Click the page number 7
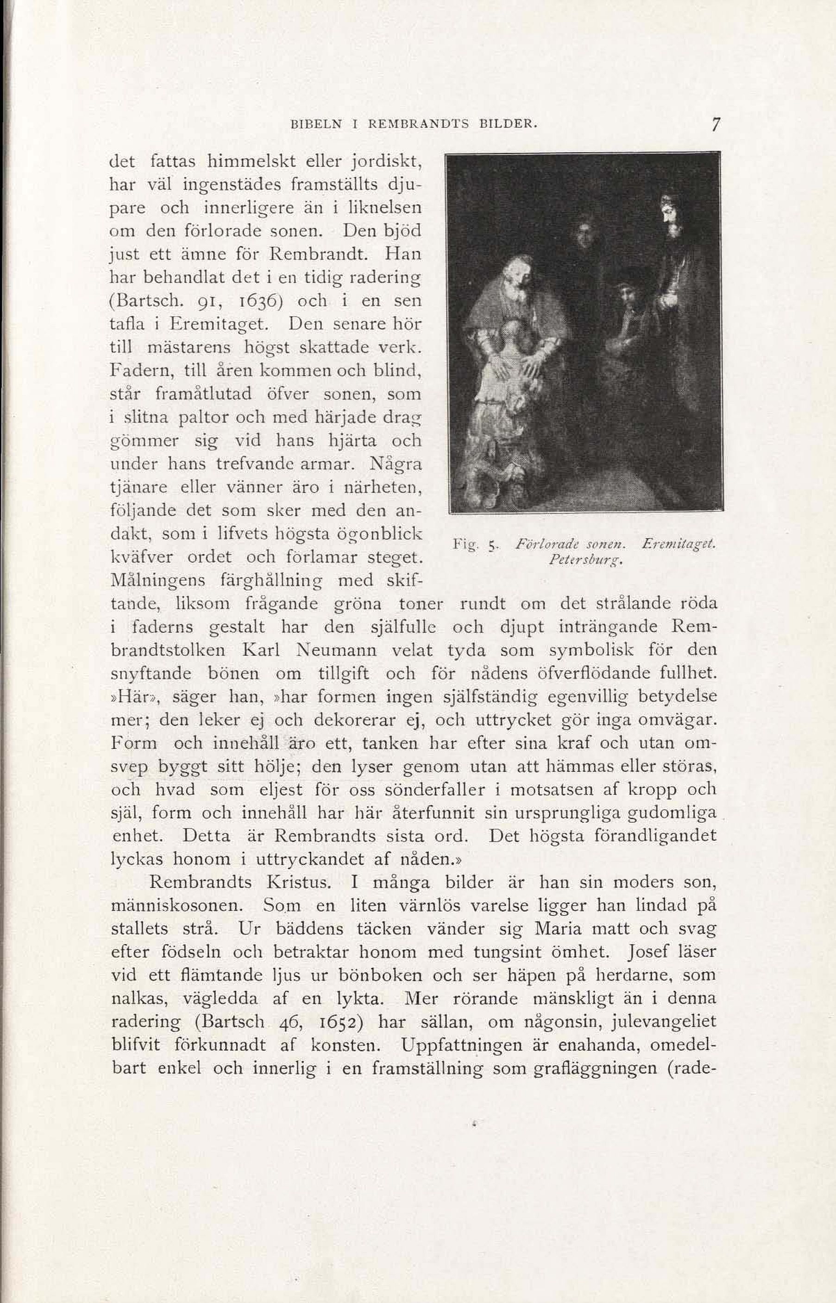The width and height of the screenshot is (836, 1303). [716, 124]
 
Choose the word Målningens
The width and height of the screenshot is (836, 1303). [157, 581]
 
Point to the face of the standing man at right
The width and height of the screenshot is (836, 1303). [672, 217]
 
